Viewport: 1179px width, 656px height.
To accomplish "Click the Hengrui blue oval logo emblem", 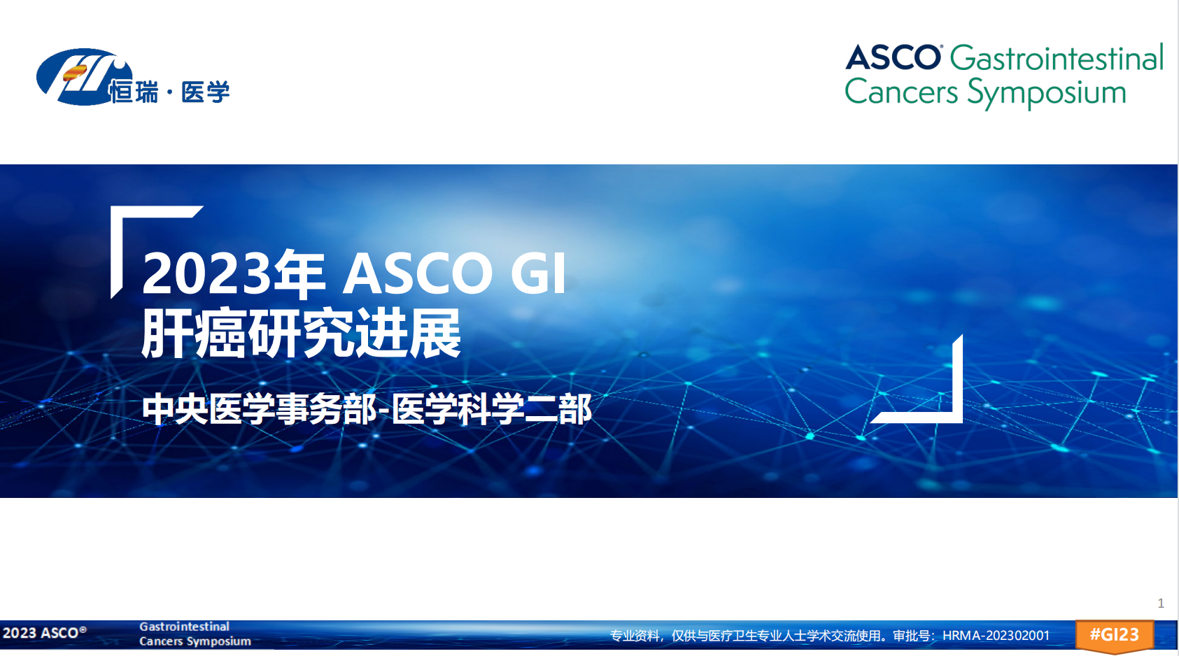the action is pos(79,76).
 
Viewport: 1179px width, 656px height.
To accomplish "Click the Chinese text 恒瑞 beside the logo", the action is pos(134,92).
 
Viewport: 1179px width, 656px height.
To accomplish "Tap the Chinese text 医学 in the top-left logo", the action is pos(205,92).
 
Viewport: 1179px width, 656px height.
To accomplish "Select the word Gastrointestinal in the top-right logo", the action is pos(1057,57).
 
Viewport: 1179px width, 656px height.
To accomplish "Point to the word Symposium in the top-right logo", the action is pos(1047,93).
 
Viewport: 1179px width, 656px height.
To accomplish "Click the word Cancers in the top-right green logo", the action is pos(901,92).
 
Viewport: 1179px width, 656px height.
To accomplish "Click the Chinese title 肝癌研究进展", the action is pos(302,333).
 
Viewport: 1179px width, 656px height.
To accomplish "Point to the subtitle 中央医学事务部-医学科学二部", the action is pos(367,409).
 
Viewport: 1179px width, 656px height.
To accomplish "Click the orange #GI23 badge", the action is pos(1114,636).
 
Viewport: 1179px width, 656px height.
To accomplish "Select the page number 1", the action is pos(1161,604).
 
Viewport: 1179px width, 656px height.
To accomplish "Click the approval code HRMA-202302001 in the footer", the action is pos(996,636).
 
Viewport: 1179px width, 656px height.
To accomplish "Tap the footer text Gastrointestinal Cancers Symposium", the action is pos(195,634).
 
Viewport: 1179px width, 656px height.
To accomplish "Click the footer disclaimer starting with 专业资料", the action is pos(830,636).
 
